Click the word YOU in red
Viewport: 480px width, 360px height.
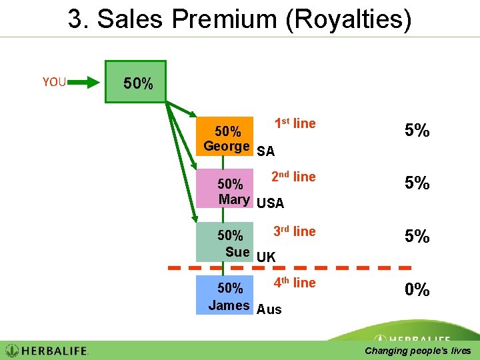[54, 82]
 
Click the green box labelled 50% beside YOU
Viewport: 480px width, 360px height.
[136, 81]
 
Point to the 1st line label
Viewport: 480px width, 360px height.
[295, 123]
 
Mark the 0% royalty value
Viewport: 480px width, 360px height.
[417, 290]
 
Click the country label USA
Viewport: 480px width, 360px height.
[270, 203]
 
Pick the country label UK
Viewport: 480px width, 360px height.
[266, 257]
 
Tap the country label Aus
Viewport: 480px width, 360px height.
[269, 309]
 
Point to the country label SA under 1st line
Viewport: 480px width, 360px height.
[265, 151]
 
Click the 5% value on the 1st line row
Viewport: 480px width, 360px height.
[417, 131]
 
